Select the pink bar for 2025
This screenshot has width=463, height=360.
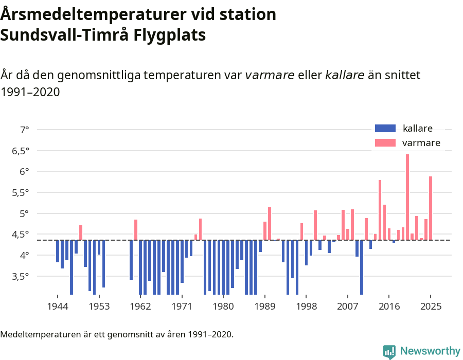pos(431,208)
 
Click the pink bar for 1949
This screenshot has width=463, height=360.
pos(81,232)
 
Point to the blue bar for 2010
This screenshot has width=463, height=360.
pos(362,267)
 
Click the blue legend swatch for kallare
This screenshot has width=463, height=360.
pos(385,129)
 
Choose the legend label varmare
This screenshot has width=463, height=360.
pos(421,143)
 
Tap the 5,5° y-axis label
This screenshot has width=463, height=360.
pos(21,192)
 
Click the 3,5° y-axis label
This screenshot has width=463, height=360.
pos(21,276)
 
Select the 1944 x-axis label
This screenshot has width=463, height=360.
pos(58,307)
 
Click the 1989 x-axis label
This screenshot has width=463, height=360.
pos(265,307)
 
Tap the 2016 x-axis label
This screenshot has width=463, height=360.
pos(389,307)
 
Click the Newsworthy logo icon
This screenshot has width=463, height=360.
pos(389,351)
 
